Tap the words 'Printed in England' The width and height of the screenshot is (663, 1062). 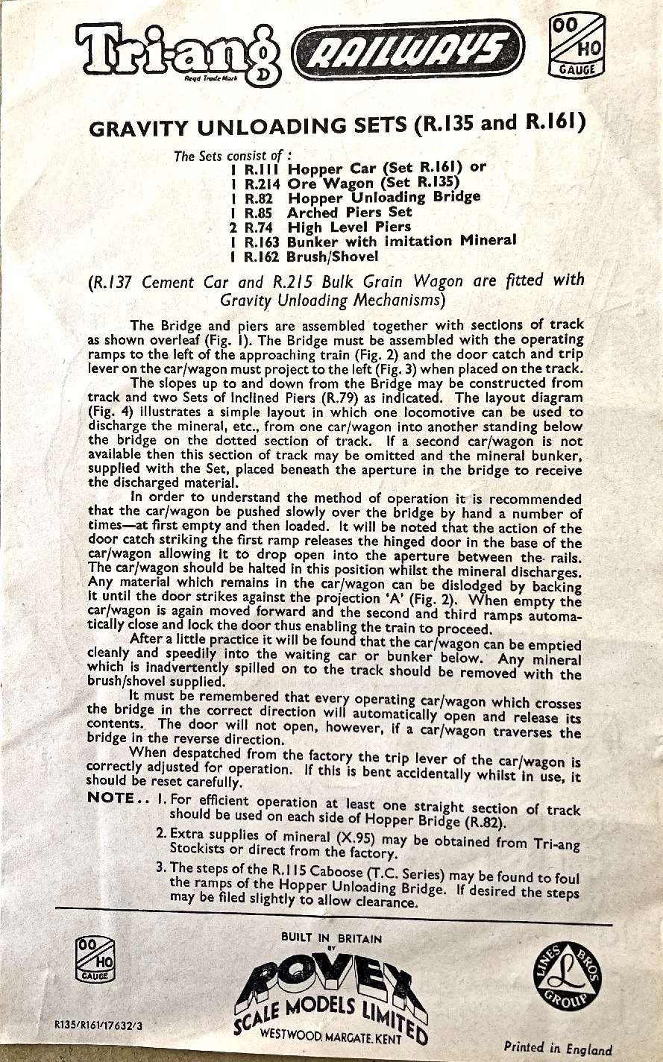coord(557,1047)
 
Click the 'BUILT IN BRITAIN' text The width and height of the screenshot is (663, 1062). coord(331,938)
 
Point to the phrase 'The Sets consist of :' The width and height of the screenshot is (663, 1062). coord(227,157)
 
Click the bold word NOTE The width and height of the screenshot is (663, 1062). coord(114,796)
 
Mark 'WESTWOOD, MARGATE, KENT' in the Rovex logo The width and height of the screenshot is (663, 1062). coord(330,1037)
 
